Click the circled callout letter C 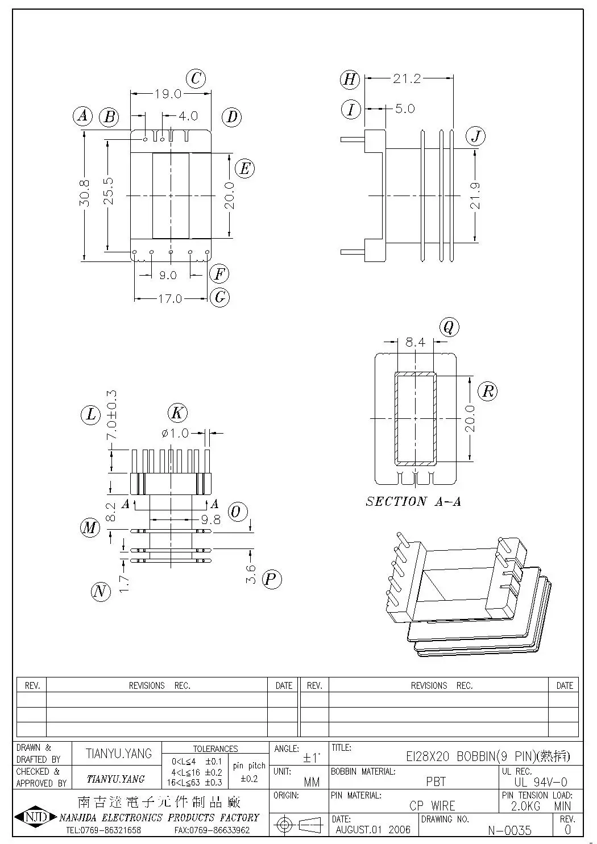coord(196,78)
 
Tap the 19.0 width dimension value coord(168,94)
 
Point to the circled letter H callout coord(350,79)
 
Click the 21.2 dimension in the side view coord(407,79)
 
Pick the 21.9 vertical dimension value coord(475,196)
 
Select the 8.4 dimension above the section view coord(415,342)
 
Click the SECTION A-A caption coord(413,501)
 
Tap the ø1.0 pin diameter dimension coord(175,434)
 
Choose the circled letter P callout coord(271,580)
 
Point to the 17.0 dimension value coord(169,298)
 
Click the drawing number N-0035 coord(509,830)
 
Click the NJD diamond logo coord(35,818)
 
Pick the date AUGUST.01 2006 coord(373,830)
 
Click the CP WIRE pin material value coord(432,806)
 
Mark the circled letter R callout coord(487,391)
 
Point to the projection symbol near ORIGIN coord(298,824)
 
